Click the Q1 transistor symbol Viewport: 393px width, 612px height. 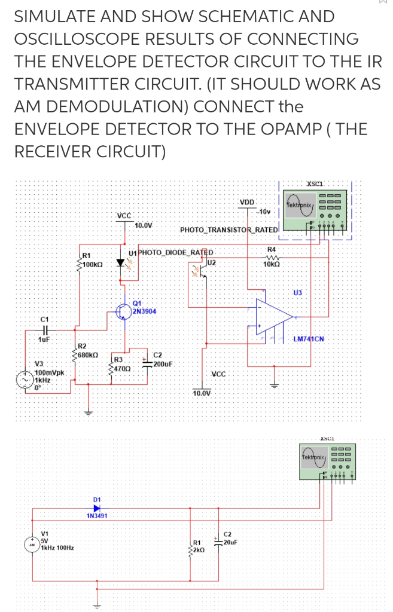pyautogui.click(x=124, y=312)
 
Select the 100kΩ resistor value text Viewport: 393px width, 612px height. pyautogui.click(x=94, y=264)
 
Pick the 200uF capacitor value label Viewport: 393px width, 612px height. pyautogui.click(x=163, y=363)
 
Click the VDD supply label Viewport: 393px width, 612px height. pyautogui.click(x=246, y=202)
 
